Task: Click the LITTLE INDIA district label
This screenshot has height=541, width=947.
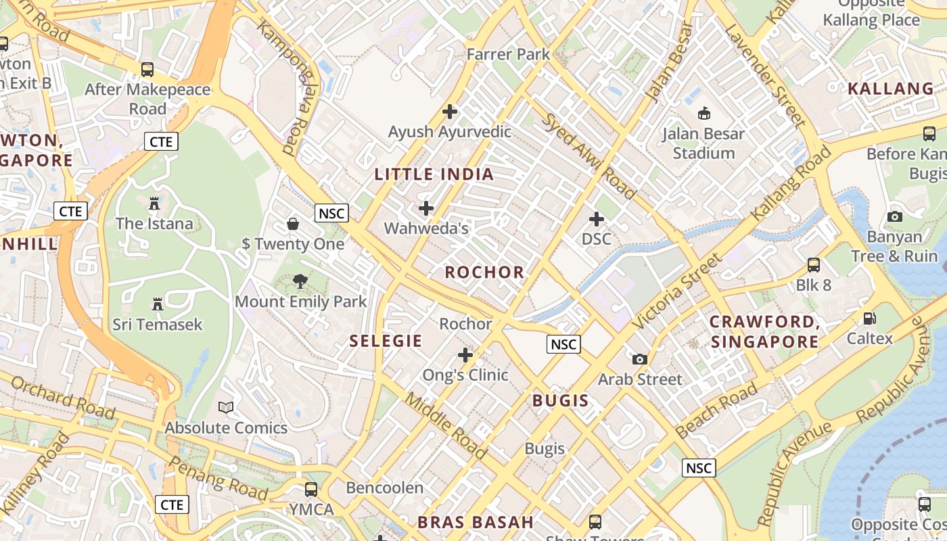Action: point(434,174)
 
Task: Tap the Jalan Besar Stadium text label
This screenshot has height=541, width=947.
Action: point(703,143)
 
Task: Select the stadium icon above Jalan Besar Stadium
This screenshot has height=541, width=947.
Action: point(703,113)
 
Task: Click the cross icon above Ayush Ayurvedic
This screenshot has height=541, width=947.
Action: point(449,112)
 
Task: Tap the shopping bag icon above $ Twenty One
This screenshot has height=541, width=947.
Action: point(293,223)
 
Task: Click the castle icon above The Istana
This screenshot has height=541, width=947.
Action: point(154,203)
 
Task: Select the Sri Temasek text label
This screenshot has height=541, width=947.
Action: point(157,325)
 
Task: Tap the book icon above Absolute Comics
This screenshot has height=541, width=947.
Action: point(226,407)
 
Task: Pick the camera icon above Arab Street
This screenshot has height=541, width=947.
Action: point(639,359)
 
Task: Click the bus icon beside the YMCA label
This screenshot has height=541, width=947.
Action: point(311,489)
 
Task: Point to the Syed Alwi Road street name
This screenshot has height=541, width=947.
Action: point(589,156)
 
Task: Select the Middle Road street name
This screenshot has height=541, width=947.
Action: point(445,425)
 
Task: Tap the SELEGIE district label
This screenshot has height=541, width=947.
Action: point(386,341)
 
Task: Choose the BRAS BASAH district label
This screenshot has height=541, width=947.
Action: point(476,522)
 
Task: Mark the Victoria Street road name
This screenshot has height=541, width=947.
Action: point(677,291)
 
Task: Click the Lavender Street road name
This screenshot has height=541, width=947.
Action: point(764,75)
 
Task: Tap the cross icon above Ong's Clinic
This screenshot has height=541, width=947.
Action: point(465,354)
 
